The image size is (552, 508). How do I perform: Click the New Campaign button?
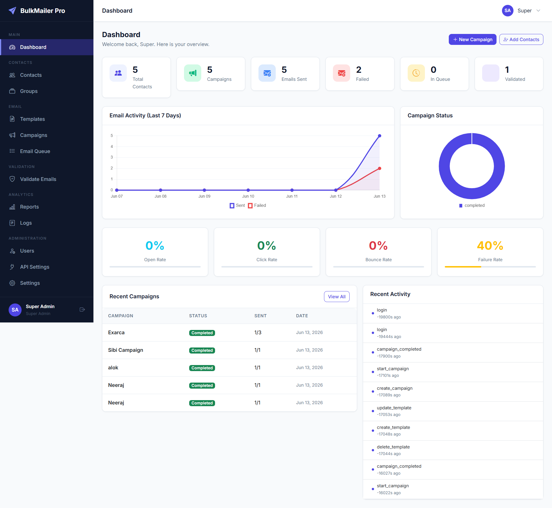(x=472, y=39)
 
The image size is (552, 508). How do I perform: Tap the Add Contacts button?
(x=521, y=39)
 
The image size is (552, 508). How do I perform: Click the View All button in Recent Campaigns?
(x=337, y=297)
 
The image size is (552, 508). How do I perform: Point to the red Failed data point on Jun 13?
(x=379, y=169)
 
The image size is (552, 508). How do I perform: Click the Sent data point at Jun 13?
(x=379, y=136)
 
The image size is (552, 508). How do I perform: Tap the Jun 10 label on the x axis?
(x=248, y=196)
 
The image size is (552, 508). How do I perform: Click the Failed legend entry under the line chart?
(x=257, y=205)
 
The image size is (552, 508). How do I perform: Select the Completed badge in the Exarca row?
(x=202, y=333)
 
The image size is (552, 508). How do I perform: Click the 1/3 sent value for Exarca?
(x=258, y=333)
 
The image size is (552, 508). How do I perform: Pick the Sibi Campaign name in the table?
(x=126, y=350)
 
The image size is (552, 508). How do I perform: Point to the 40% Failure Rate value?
(x=490, y=246)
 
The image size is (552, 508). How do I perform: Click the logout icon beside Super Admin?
(x=82, y=310)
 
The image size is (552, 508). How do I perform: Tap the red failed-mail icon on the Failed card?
(x=342, y=73)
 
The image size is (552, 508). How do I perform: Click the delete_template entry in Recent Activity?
(x=393, y=447)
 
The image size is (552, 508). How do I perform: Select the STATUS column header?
(x=198, y=316)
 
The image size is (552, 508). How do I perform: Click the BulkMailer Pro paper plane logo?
(x=12, y=11)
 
